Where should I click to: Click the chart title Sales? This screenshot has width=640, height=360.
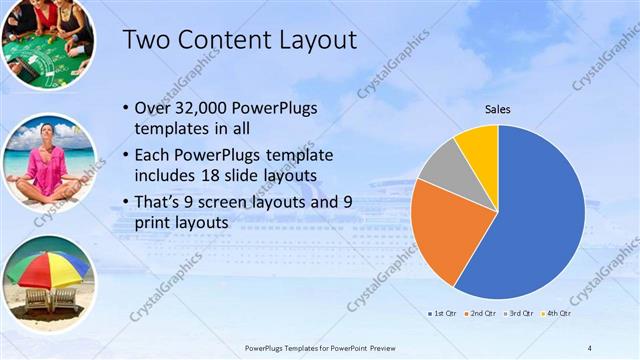498,109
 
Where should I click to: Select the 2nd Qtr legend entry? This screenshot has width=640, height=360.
481,313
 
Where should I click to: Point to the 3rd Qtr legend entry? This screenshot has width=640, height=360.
517,313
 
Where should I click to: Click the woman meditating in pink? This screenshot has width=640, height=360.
48,166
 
